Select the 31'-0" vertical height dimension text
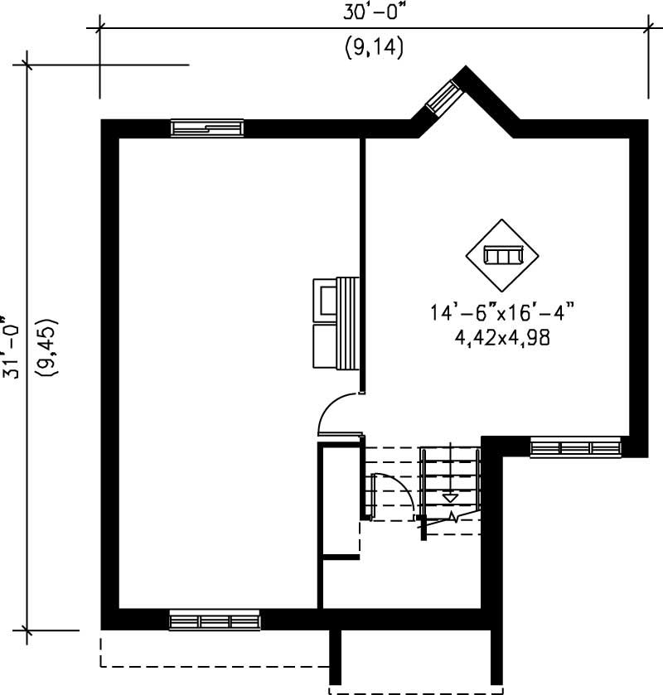pos(10,346)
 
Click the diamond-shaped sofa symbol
pos(502,255)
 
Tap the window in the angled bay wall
pos(446,95)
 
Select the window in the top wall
pos(206,128)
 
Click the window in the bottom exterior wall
pos(214,620)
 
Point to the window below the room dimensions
pos(575,448)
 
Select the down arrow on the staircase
pos(449,498)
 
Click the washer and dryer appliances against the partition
pos(335,321)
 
